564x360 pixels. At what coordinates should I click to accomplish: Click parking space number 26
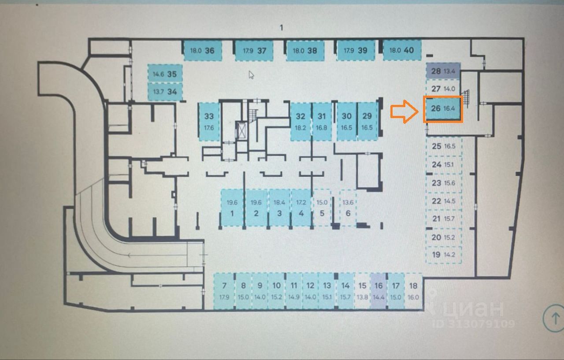point(443,109)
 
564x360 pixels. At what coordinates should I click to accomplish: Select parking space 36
point(202,50)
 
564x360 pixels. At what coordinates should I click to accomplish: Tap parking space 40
point(402,50)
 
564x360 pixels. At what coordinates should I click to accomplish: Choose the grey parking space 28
point(443,71)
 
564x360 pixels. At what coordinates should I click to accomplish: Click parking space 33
point(209,122)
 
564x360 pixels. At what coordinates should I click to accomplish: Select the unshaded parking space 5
point(322,208)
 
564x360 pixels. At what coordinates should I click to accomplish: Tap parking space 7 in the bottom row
point(224,291)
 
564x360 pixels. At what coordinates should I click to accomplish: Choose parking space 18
point(413,291)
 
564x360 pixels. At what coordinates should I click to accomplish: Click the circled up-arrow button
point(553,317)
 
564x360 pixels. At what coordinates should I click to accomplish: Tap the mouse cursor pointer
point(251,74)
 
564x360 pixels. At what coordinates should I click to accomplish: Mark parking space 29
point(367,122)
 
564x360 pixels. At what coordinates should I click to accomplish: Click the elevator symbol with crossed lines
point(242,130)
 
